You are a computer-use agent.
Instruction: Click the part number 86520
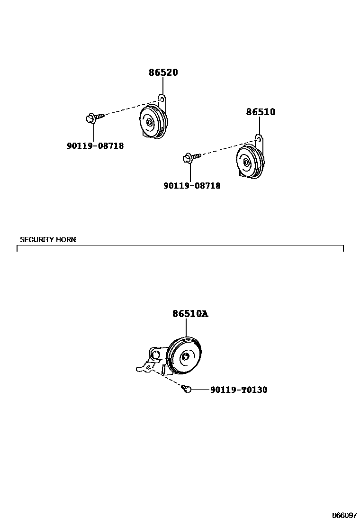[163, 73]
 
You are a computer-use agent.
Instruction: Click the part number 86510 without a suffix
[260, 112]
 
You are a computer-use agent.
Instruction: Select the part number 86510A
[189, 314]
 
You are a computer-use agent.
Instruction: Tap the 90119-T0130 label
[238, 390]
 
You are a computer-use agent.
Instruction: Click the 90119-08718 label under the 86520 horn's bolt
[95, 146]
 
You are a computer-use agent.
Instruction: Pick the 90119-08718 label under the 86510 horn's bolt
[192, 186]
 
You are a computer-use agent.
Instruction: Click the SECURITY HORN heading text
[48, 239]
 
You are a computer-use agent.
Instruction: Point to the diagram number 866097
[344, 515]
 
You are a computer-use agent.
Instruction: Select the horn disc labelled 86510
[249, 162]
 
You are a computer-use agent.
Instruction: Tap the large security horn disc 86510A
[186, 357]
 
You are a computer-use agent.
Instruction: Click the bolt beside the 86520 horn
[94, 117]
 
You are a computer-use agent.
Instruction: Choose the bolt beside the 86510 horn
[190, 156]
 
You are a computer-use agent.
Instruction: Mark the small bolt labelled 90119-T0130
[187, 389]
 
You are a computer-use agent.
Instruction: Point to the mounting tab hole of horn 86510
[258, 139]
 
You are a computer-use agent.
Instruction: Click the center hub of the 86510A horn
[185, 357]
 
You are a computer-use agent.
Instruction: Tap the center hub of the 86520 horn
[150, 123]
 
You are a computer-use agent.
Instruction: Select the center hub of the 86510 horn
[246, 163]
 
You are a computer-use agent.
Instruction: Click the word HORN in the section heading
[66, 239]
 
